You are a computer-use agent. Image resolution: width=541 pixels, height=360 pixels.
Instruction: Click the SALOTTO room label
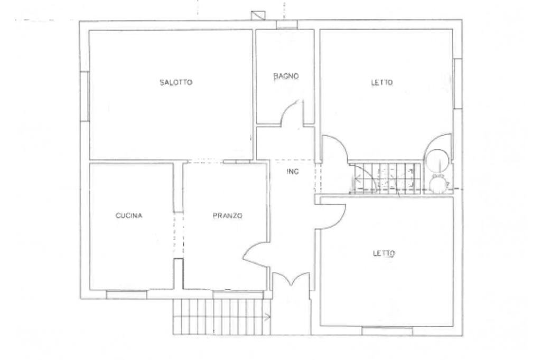(176, 82)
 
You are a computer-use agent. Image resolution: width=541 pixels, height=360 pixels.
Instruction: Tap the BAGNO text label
(286, 76)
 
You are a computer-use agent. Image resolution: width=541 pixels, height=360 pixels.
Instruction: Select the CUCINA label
(129, 215)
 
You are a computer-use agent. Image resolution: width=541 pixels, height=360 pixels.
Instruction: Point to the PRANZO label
(227, 215)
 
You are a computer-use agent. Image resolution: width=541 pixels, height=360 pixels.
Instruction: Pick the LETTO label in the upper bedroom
(382, 83)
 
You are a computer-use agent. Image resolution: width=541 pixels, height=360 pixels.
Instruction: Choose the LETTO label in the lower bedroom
(384, 253)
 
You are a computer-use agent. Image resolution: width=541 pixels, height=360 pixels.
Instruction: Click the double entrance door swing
(291, 279)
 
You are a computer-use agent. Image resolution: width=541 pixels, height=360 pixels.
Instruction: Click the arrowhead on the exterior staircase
(268, 317)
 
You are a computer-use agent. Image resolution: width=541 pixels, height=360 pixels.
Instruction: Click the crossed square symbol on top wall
(258, 15)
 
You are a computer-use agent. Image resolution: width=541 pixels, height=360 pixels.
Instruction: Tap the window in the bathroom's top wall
(287, 24)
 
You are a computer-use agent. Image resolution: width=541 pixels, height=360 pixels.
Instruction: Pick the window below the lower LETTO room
(387, 331)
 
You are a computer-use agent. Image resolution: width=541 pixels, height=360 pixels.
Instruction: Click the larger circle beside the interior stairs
(437, 157)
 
